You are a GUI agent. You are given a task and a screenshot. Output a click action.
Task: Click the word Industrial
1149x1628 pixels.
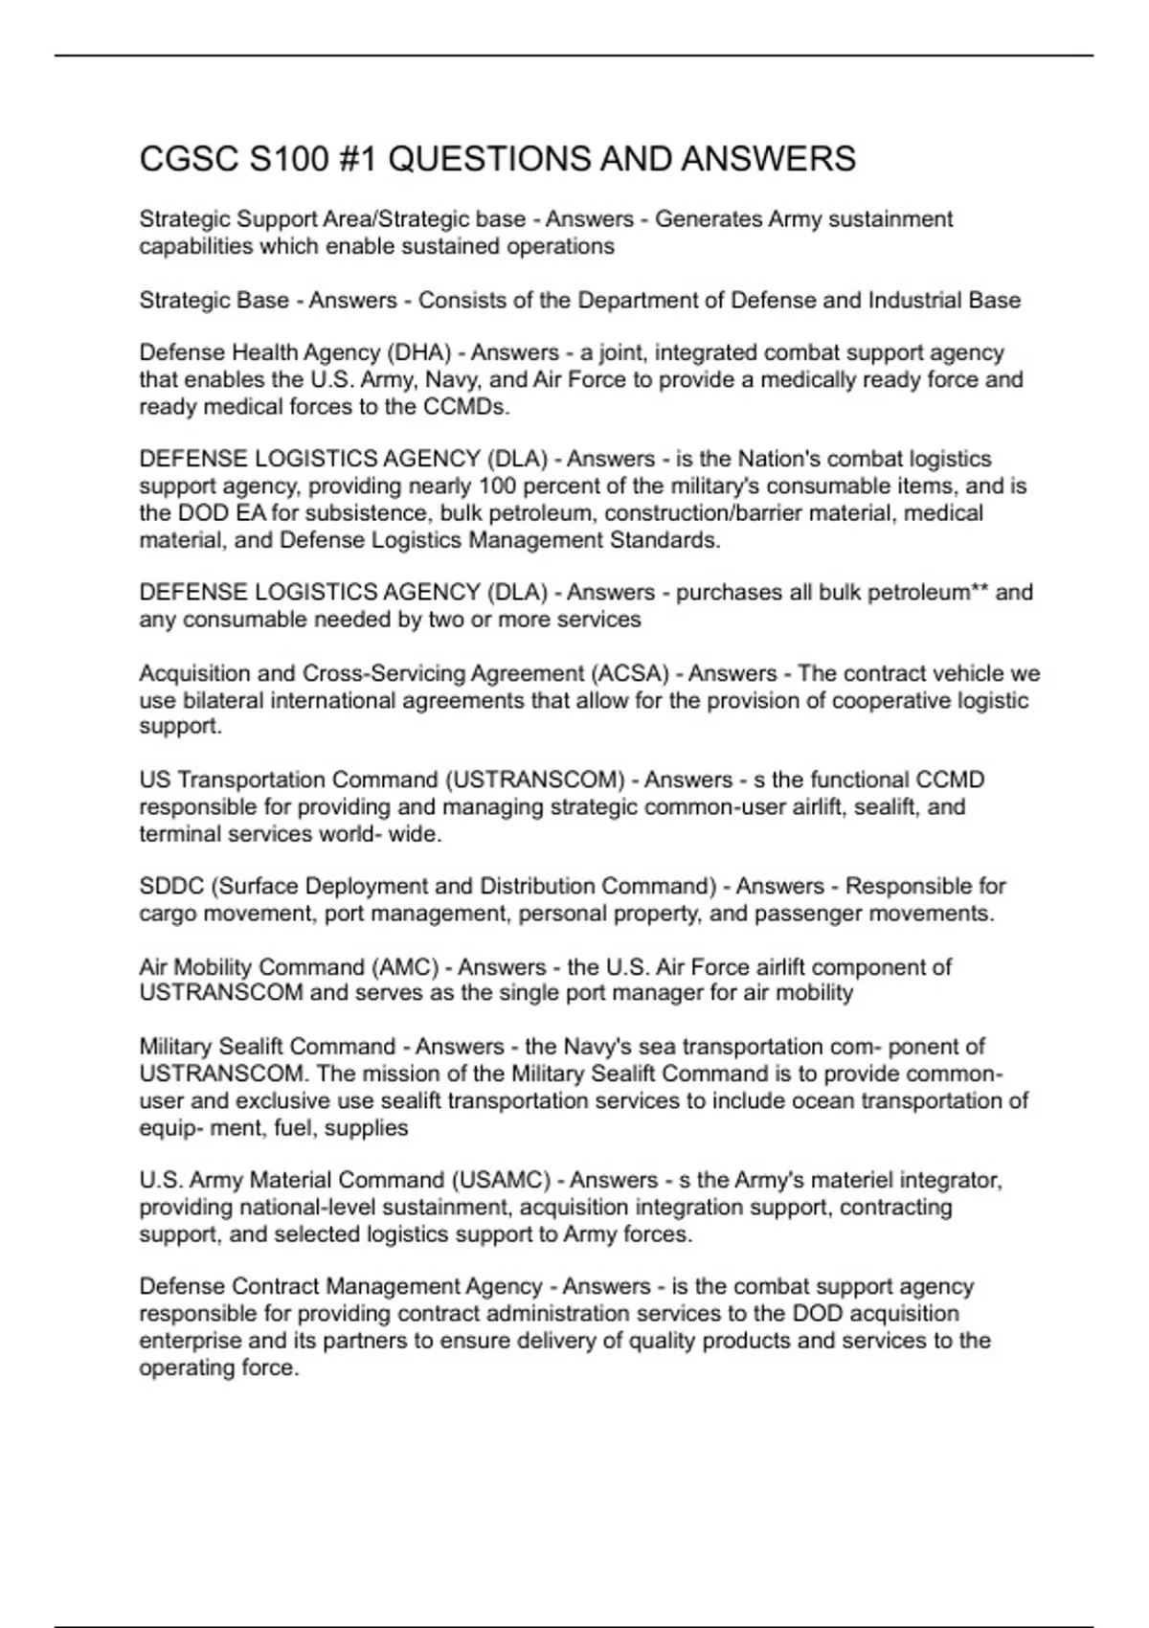913,301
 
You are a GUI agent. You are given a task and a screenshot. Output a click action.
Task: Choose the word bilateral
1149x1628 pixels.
221,701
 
